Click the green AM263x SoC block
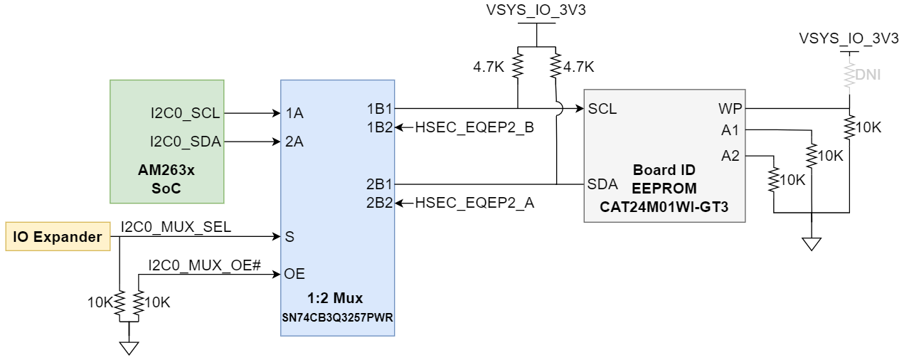167,141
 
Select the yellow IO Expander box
58,237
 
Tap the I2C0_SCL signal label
185,112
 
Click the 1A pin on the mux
294,112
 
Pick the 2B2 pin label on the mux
380,203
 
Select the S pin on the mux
289,236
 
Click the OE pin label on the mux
295,274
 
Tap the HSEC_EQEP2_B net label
474,127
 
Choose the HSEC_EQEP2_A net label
474,203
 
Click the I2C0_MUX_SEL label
176,227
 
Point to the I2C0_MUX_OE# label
205,265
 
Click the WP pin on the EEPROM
730,109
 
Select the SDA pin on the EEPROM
602,184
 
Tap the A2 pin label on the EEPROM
730,156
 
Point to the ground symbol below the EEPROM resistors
810,244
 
